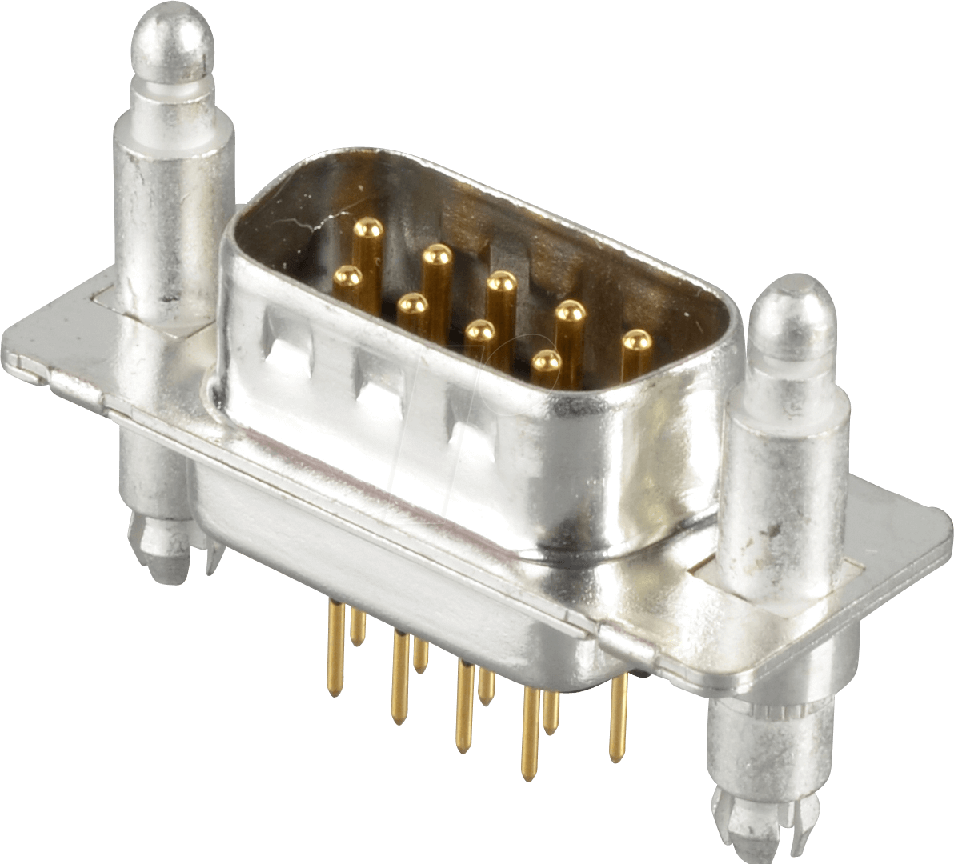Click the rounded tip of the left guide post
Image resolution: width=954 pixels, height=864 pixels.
coord(174,36)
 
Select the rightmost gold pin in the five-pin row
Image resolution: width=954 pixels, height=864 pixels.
coord(637,342)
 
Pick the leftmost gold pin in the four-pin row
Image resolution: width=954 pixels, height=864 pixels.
coord(347,279)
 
